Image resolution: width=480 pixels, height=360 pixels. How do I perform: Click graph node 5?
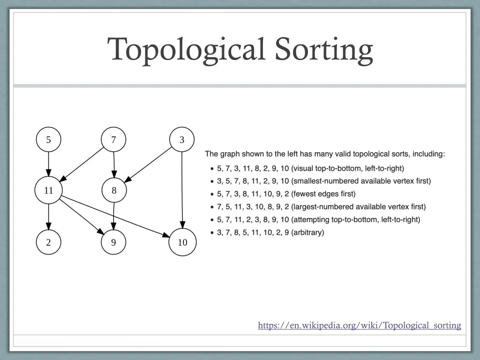[48, 140]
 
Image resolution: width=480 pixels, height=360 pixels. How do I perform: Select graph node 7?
[113, 140]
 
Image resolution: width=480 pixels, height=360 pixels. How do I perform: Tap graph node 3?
[182, 140]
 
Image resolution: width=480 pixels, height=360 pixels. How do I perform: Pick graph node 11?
[48, 191]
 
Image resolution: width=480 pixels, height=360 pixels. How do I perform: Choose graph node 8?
[113, 191]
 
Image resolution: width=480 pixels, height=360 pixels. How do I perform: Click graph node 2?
[48, 242]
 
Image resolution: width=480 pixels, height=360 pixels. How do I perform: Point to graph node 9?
[113, 242]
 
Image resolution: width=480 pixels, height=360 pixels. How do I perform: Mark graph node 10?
[182, 242]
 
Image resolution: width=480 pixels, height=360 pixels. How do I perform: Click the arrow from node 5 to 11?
[48, 165]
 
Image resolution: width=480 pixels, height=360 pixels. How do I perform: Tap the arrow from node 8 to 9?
[113, 217]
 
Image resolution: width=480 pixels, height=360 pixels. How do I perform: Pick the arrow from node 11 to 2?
[48, 217]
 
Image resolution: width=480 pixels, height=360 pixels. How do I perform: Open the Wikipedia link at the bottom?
[359, 325]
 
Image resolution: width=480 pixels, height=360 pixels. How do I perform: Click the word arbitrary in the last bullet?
[307, 232]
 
